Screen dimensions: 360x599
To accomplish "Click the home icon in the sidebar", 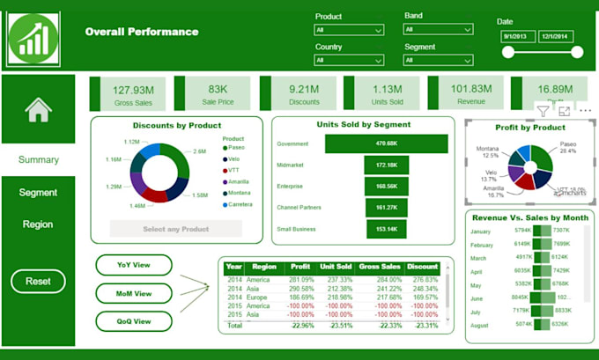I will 38,110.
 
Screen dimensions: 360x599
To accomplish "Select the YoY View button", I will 133,264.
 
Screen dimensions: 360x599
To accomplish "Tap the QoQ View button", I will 133,321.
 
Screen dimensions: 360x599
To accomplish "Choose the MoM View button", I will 133,293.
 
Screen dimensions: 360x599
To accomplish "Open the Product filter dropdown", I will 349,30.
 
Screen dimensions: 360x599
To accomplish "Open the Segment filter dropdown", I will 438,60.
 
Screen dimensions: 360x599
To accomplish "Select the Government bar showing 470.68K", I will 387,143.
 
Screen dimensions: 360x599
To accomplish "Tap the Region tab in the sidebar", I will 38,224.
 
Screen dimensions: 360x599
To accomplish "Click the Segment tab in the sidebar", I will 38,192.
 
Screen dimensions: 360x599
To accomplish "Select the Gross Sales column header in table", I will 379,266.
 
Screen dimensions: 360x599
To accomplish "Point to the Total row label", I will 233,325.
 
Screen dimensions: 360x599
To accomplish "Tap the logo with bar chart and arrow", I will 33,36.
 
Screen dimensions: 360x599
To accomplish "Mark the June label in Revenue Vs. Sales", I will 479,298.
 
